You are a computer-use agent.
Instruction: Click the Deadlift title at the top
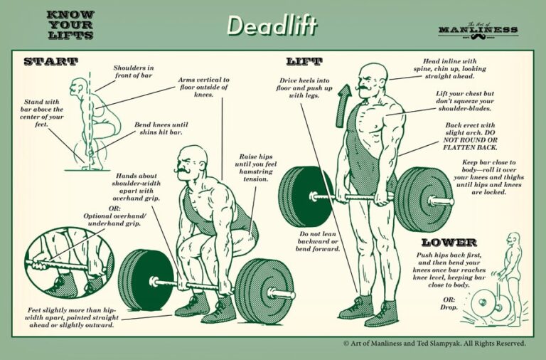pos(272,26)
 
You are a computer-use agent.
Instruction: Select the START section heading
pos(50,62)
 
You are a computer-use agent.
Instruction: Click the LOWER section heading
pos(449,243)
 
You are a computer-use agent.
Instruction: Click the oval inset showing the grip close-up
pos(69,261)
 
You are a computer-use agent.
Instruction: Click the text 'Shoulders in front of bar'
pos(134,73)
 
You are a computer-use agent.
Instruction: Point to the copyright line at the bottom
pos(434,343)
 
